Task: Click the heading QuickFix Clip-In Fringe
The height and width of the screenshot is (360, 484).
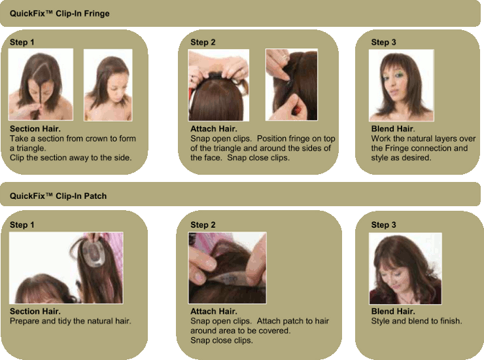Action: coord(60,14)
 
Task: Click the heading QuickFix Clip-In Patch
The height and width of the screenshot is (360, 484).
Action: coord(58,196)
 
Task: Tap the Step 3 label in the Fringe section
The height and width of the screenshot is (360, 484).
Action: coord(383,43)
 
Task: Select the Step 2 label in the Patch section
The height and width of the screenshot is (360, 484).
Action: coord(203,225)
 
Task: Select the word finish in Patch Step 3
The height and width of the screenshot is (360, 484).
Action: coord(451,321)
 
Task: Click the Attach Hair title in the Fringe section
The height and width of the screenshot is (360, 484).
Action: coord(214,129)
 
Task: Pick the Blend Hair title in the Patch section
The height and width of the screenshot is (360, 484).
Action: coord(393,312)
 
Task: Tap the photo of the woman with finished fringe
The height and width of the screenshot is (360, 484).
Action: coord(402,85)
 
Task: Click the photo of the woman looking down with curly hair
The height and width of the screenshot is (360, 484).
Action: coord(406,268)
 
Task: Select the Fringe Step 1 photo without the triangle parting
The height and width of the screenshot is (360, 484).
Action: coord(108,85)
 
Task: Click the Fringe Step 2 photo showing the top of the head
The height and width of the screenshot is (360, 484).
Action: coord(218,85)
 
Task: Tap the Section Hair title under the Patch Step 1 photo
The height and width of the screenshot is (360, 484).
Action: coord(35,312)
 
